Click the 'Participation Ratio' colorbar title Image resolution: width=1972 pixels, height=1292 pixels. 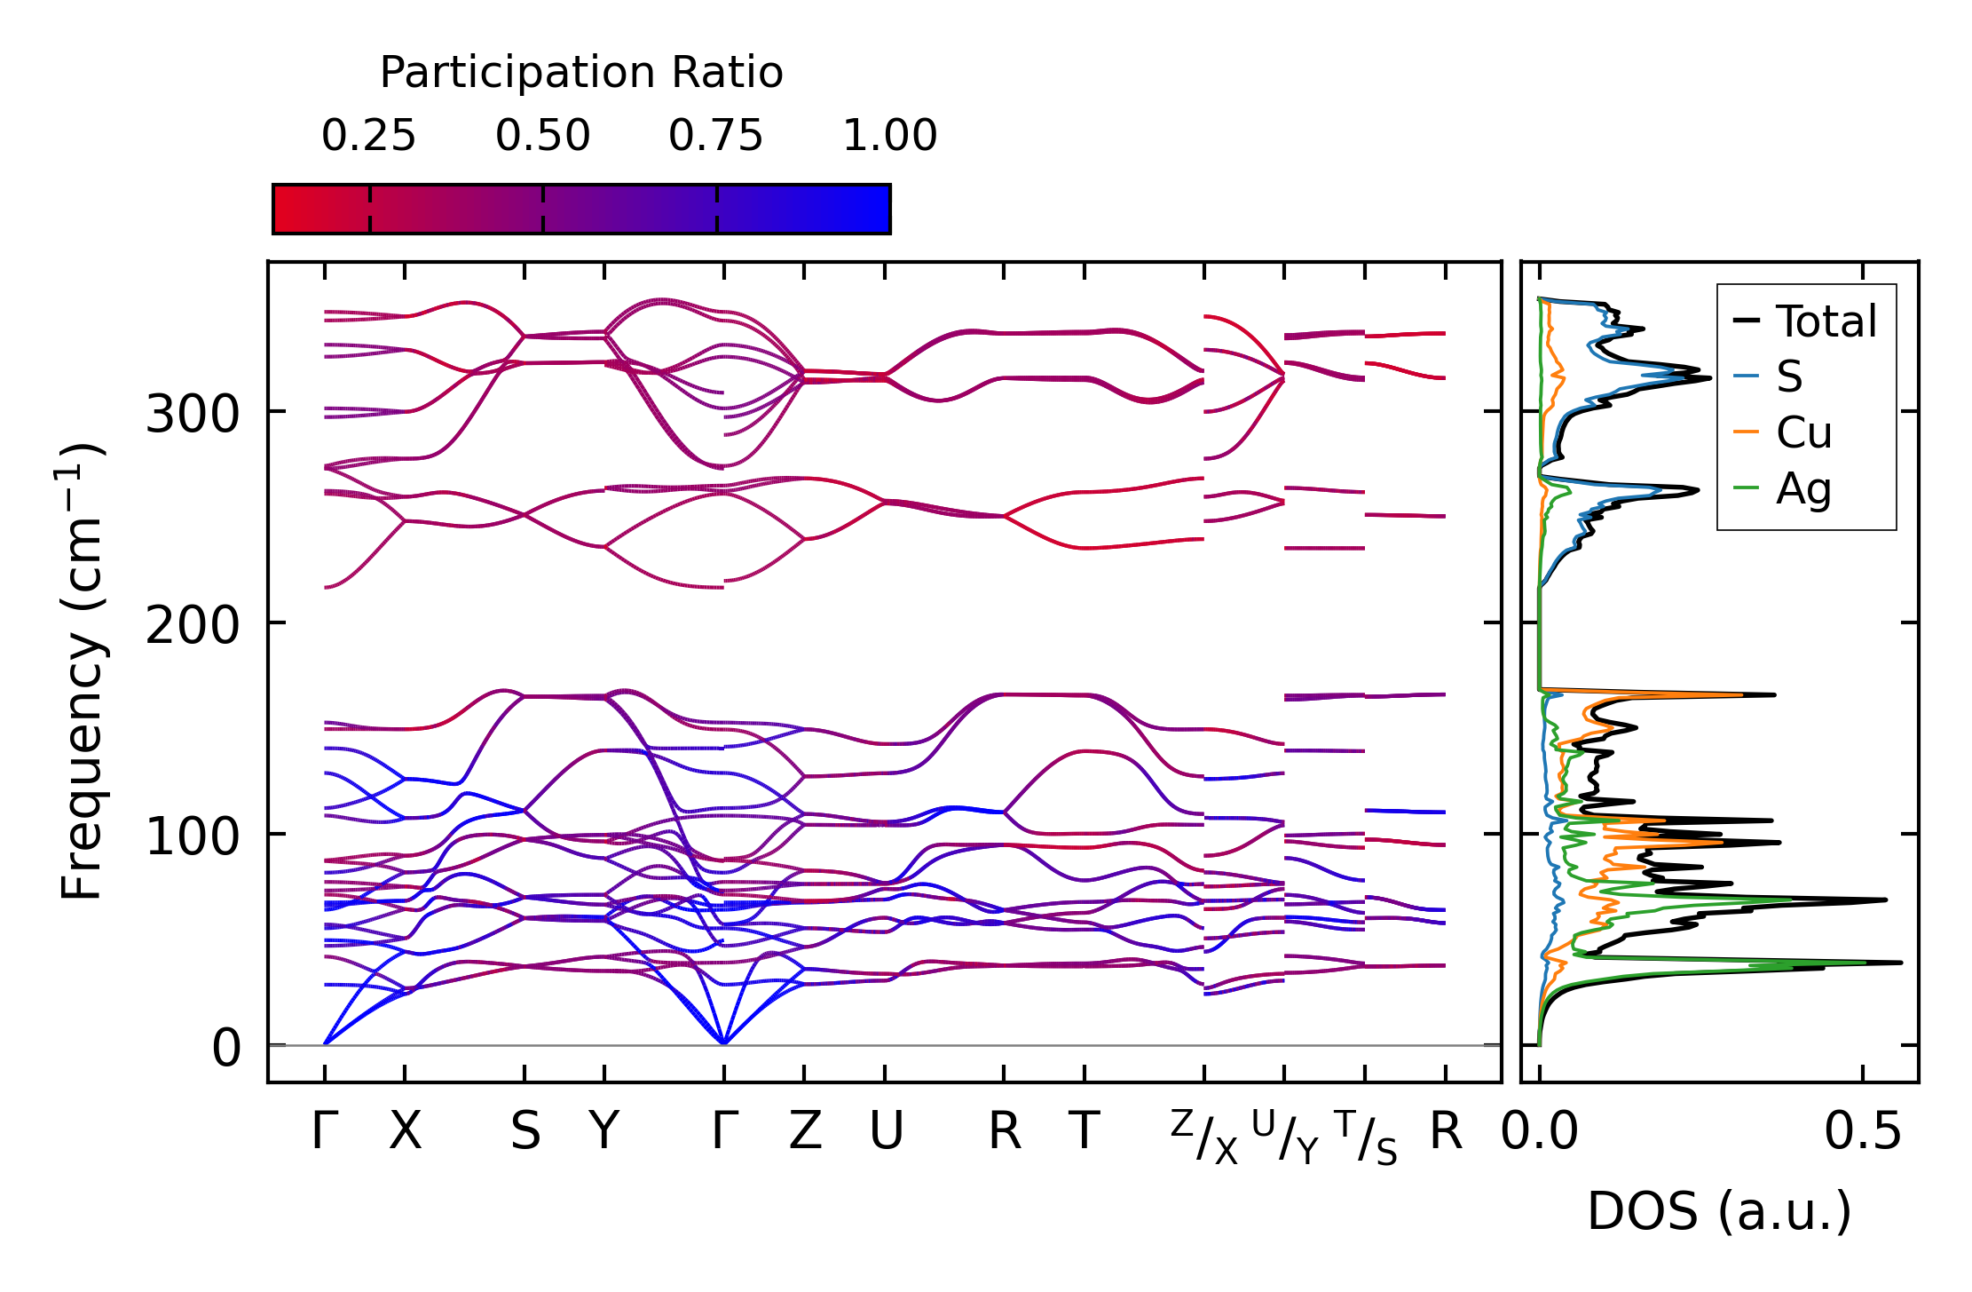pos(581,73)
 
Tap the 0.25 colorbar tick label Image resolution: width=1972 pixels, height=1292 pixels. pos(368,136)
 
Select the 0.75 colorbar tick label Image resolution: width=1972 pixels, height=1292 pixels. pos(715,136)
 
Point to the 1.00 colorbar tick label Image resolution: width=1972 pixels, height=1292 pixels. pos(889,136)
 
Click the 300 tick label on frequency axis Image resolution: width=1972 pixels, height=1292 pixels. pos(193,414)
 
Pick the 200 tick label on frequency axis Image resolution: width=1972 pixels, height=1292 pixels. pos(193,625)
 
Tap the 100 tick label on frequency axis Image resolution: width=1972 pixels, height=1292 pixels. pos(193,836)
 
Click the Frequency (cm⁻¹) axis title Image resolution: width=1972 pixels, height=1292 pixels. pos(82,671)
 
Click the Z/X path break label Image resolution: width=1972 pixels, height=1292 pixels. pos(1203,1137)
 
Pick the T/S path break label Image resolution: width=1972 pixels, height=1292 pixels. pos(1366,1137)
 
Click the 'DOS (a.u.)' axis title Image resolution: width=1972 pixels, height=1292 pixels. pos(1719,1211)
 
